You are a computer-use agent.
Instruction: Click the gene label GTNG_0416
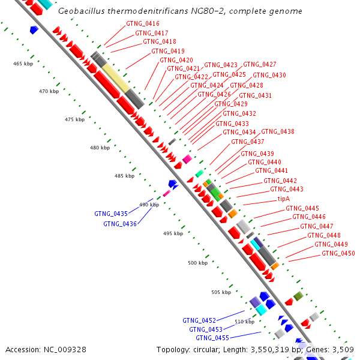click(143, 24)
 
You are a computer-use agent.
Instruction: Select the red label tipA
click(284, 199)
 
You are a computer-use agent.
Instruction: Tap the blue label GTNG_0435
click(111, 214)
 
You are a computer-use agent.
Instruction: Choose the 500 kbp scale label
click(197, 263)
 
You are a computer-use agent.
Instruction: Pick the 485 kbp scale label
click(125, 176)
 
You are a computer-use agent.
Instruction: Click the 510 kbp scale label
click(244, 322)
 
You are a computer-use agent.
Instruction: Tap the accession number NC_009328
click(66, 349)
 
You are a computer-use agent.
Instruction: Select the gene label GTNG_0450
click(338, 253)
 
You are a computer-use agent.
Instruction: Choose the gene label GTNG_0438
click(278, 131)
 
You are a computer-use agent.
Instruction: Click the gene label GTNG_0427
click(260, 64)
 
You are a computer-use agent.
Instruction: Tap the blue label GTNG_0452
click(199, 320)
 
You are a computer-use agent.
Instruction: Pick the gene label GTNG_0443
click(287, 189)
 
